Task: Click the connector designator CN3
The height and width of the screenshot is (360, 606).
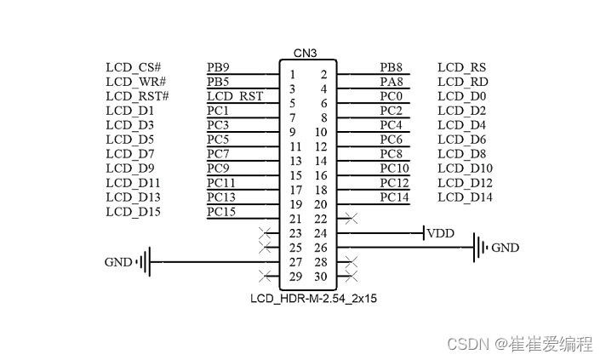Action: [306, 53]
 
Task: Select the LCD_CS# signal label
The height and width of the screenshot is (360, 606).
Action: [134, 67]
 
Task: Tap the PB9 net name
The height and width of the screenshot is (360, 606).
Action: [218, 67]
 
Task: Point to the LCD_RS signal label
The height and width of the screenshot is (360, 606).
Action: [461, 67]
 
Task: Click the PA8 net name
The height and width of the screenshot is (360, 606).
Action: [391, 82]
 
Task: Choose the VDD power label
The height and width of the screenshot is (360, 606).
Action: [440, 233]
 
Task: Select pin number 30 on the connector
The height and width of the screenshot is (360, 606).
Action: [320, 277]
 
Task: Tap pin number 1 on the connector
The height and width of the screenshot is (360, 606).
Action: [292, 76]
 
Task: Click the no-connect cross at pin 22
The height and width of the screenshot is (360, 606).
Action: [351, 219]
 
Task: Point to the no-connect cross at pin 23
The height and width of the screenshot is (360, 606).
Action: [265, 232]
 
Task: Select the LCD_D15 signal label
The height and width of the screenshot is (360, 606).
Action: [134, 212]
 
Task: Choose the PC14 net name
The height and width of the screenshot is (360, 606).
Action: [394, 197]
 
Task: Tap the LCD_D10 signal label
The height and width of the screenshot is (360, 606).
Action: [465, 169]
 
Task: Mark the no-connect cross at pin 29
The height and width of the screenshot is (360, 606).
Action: [265, 277]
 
